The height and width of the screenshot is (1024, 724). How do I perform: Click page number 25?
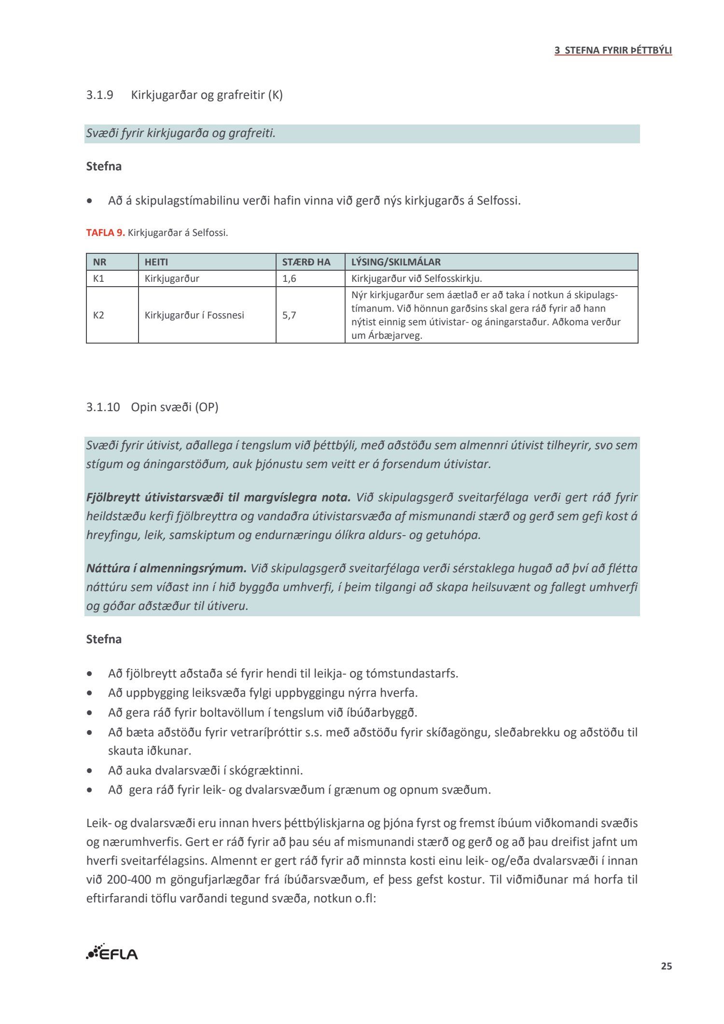(666, 966)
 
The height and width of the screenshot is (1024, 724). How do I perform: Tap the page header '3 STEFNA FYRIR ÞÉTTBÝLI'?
(613, 50)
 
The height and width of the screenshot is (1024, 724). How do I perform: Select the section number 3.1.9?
(99, 95)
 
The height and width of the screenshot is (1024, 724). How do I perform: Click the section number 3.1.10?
(103, 407)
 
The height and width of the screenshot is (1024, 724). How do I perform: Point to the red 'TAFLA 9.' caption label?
(105, 233)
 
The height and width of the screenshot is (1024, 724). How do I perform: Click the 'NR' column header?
(99, 262)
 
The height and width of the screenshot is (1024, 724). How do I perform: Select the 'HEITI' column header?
(156, 262)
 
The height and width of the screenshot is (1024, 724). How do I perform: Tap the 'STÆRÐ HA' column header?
(306, 262)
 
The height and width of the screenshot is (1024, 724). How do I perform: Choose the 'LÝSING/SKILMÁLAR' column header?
(396, 262)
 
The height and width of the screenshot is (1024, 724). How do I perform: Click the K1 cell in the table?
(98, 278)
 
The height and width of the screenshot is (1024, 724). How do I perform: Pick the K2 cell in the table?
(98, 315)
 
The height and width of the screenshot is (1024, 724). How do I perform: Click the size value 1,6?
(289, 278)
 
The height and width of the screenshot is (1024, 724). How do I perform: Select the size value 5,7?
(289, 315)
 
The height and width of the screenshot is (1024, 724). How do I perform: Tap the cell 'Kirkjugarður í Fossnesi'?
(194, 315)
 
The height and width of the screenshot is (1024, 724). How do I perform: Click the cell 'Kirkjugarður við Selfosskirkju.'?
(417, 278)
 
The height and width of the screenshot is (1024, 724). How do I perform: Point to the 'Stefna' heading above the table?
(104, 166)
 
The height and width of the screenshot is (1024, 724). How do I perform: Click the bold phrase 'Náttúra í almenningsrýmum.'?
(167, 568)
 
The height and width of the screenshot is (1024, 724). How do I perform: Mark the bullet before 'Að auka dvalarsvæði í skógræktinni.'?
(90, 771)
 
